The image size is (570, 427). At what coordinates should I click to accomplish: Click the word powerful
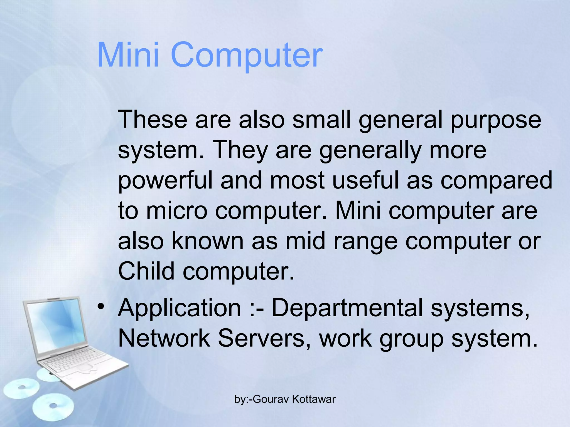tap(165, 180)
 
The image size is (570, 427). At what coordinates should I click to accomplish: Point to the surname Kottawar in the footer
tap(314, 399)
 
